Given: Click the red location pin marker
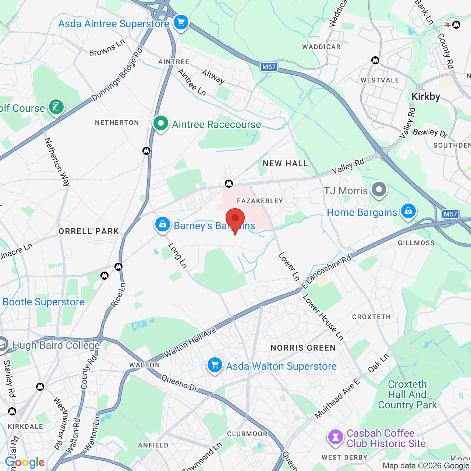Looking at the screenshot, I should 235,219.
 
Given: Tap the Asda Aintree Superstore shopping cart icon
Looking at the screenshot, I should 181,22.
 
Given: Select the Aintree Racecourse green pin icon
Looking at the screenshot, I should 160,124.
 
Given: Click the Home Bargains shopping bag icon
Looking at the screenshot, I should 408,211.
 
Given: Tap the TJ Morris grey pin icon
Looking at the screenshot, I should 379,190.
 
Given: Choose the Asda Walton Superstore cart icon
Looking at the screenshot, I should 215,365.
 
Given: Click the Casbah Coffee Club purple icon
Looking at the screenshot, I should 335,437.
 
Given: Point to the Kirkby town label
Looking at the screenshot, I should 426,97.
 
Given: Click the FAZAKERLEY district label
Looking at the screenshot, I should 260,201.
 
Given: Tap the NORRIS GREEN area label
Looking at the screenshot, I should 303,348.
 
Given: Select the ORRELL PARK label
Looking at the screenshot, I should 89,231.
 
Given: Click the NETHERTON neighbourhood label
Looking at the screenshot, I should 117,123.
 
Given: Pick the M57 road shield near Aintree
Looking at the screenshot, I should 269,67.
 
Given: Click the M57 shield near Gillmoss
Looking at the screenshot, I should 450,214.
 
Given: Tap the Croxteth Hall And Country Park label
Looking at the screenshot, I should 407,394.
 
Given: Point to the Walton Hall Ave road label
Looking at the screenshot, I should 190,343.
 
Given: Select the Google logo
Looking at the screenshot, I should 25,462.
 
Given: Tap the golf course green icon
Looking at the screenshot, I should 56,107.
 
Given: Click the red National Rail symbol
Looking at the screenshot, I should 447,25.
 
